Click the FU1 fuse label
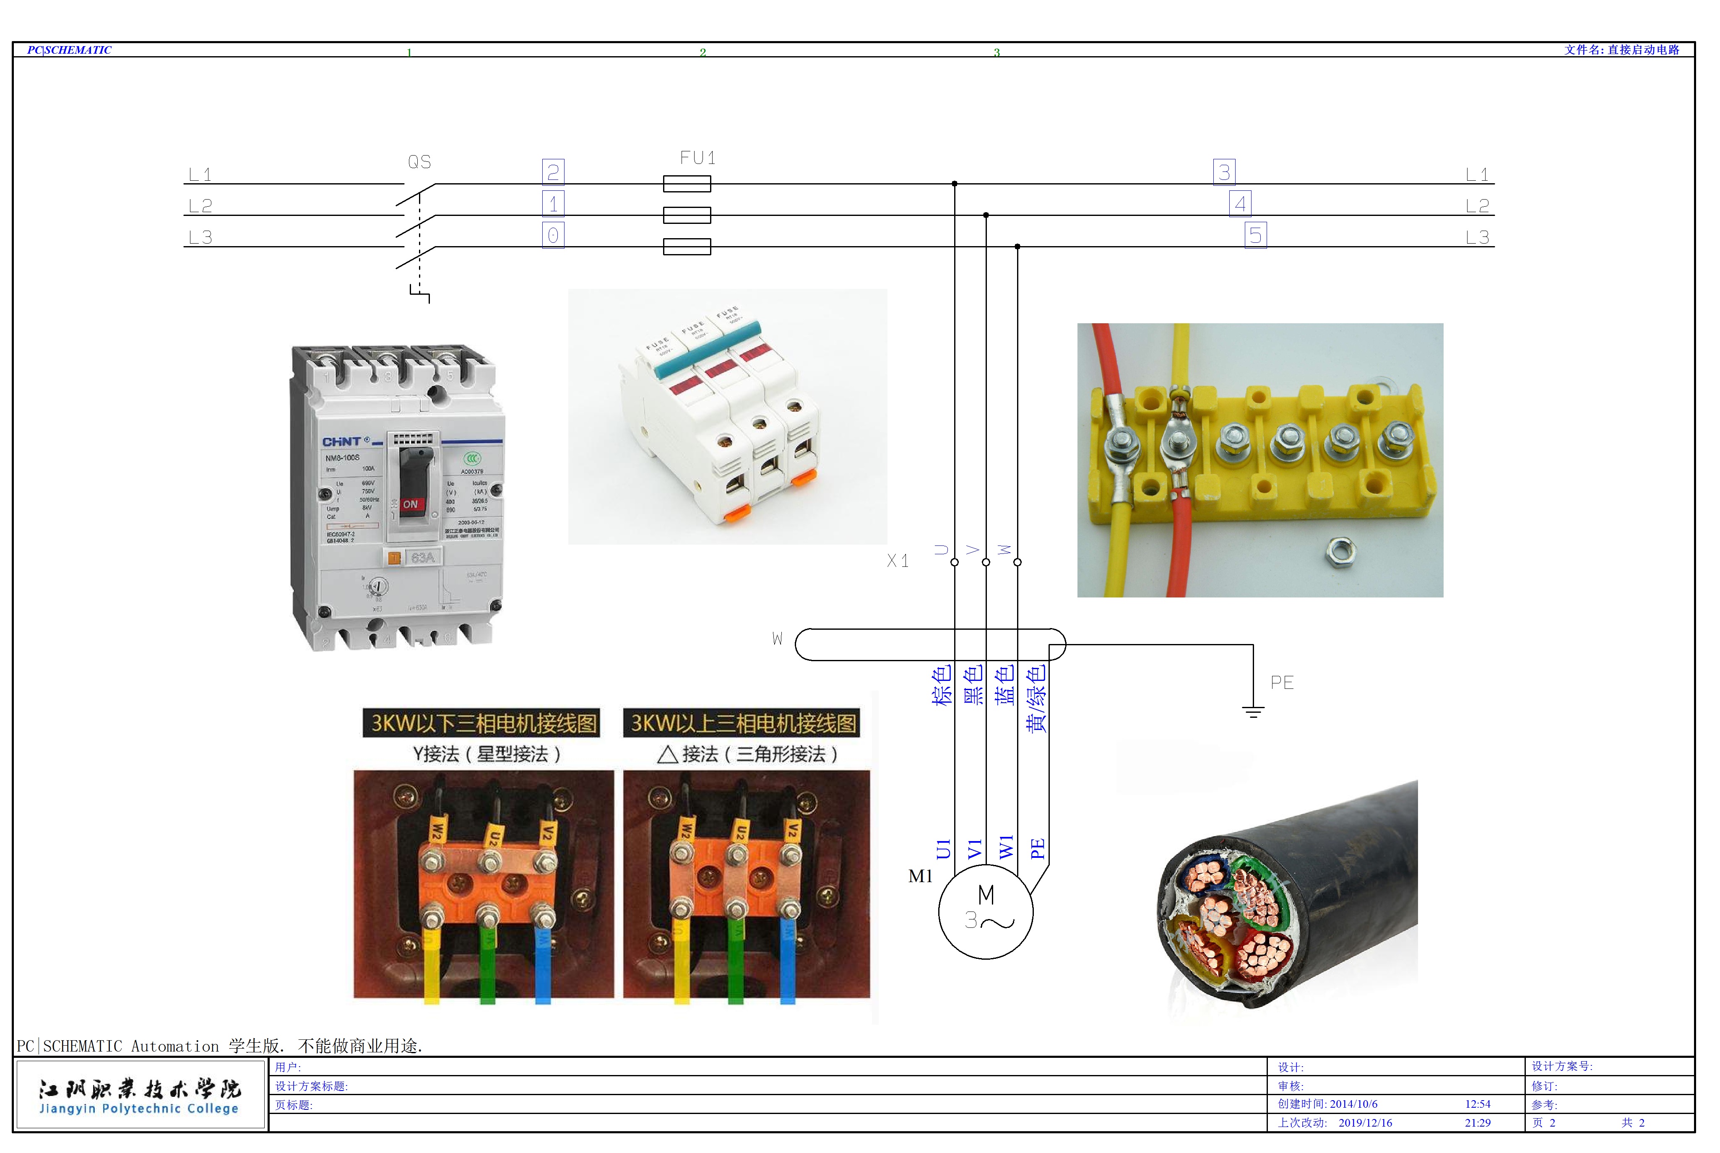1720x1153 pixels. click(697, 157)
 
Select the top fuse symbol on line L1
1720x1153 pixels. click(687, 183)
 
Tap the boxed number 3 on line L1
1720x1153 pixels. click(1224, 172)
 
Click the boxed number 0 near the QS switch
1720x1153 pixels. click(553, 235)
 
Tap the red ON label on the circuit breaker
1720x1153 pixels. click(410, 504)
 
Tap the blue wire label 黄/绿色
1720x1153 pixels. click(1036, 699)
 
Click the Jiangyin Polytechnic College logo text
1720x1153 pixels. click(139, 1108)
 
